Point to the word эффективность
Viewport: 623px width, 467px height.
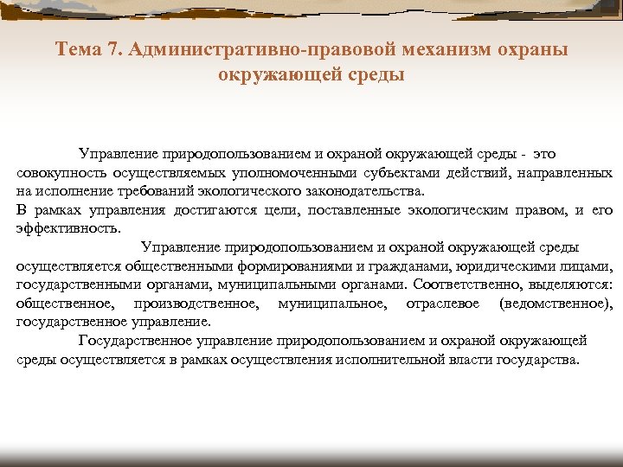(x=68, y=229)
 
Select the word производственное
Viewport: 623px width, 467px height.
(x=196, y=304)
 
